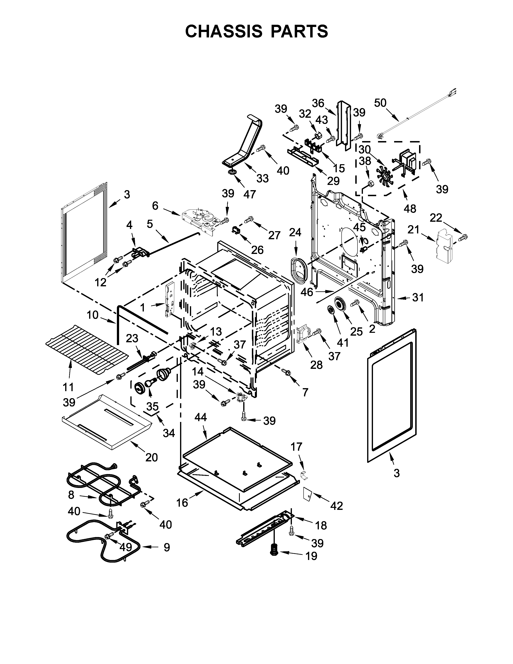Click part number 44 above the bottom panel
tap(200, 417)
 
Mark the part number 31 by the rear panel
tap(418, 297)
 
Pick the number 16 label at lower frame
tap(182, 503)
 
